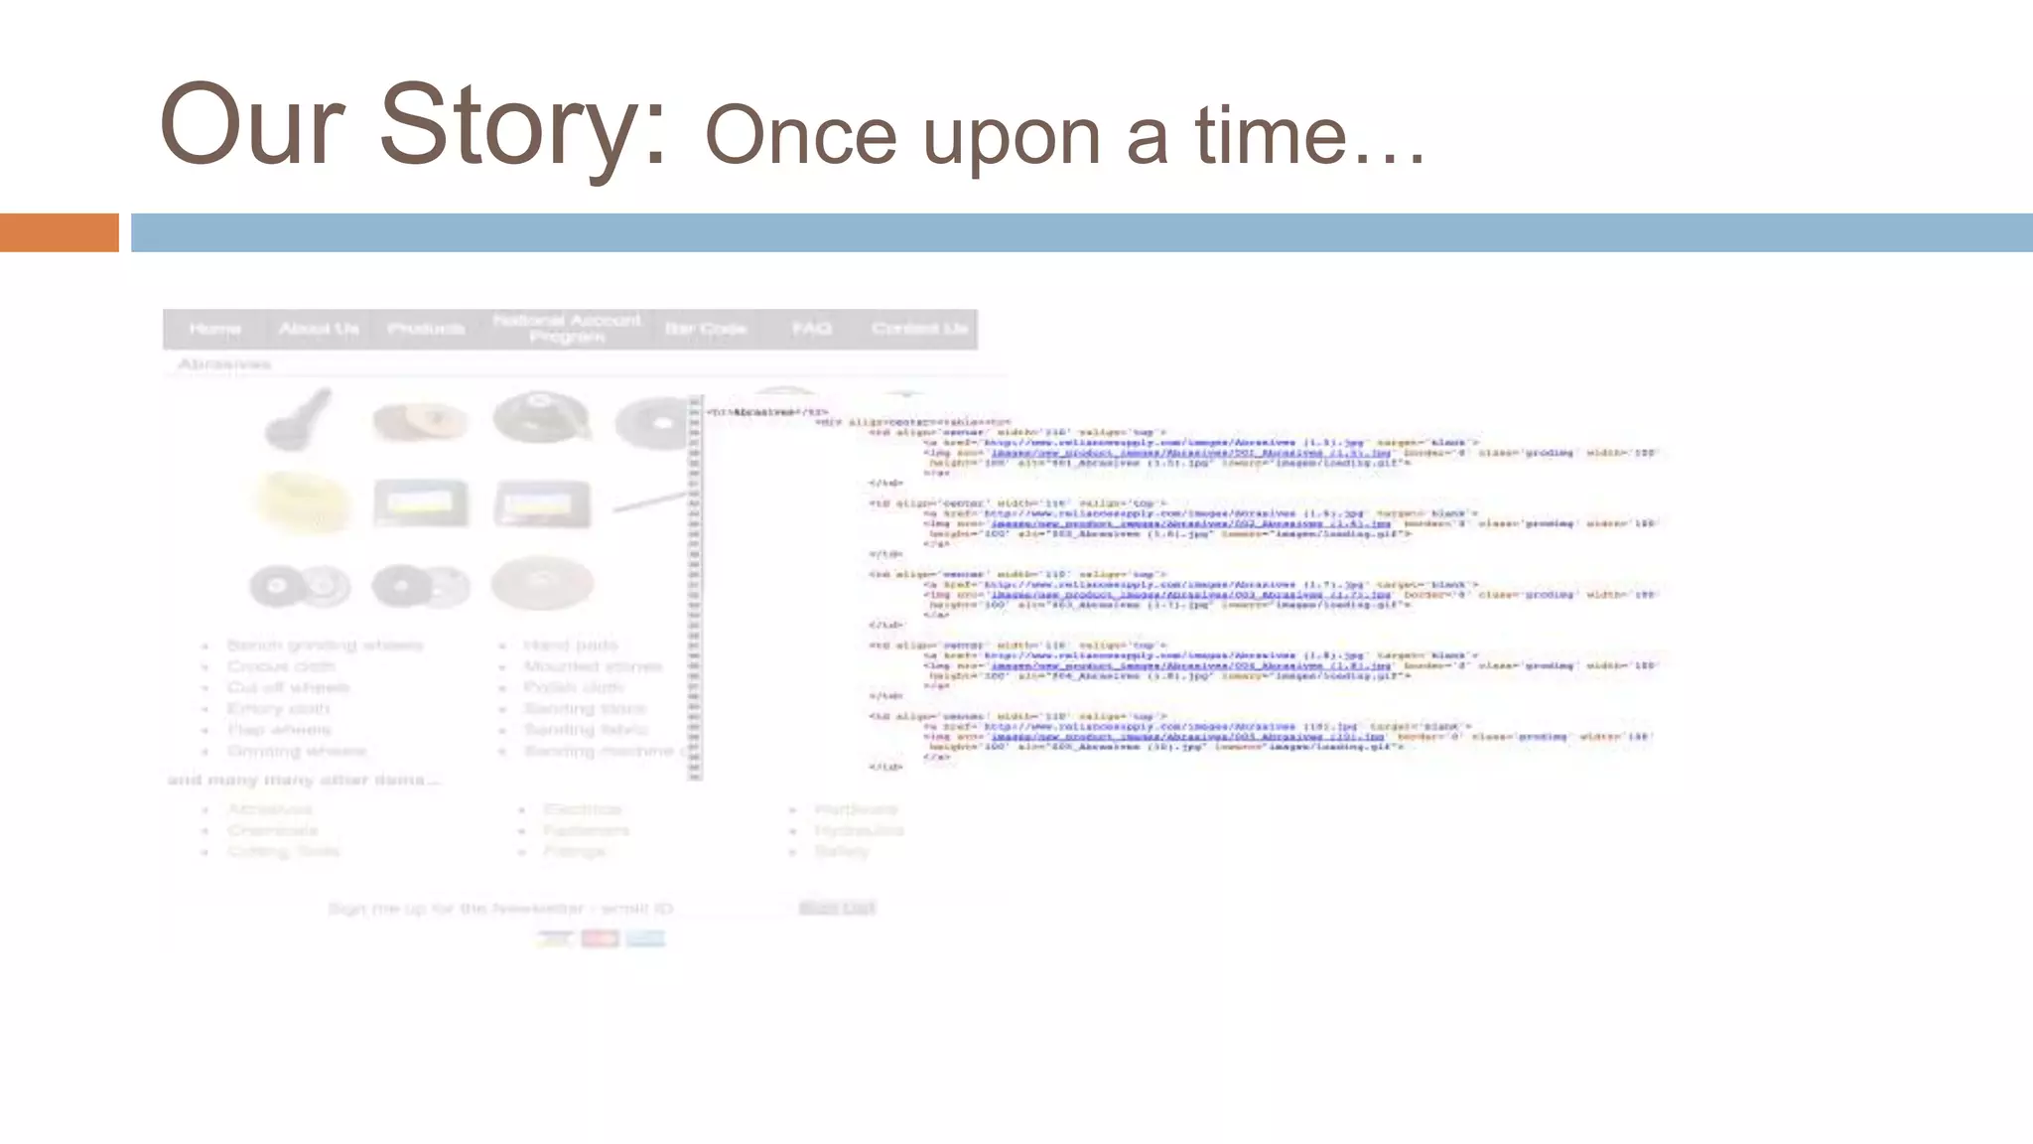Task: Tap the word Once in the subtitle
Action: point(800,136)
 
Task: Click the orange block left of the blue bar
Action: point(59,232)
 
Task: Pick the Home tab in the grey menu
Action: point(214,329)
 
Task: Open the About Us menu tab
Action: point(319,329)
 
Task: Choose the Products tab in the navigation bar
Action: point(426,329)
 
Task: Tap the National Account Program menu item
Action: point(567,329)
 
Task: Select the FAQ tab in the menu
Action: point(811,329)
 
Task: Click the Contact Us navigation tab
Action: point(919,329)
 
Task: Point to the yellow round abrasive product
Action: point(303,500)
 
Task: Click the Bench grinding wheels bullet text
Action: point(325,645)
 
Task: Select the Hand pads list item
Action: point(570,645)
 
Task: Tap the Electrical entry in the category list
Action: point(583,809)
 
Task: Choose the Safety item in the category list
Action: point(841,851)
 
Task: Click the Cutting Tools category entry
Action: point(283,851)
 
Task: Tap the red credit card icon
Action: point(600,938)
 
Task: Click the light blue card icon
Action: point(645,938)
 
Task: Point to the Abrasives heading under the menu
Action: point(224,364)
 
